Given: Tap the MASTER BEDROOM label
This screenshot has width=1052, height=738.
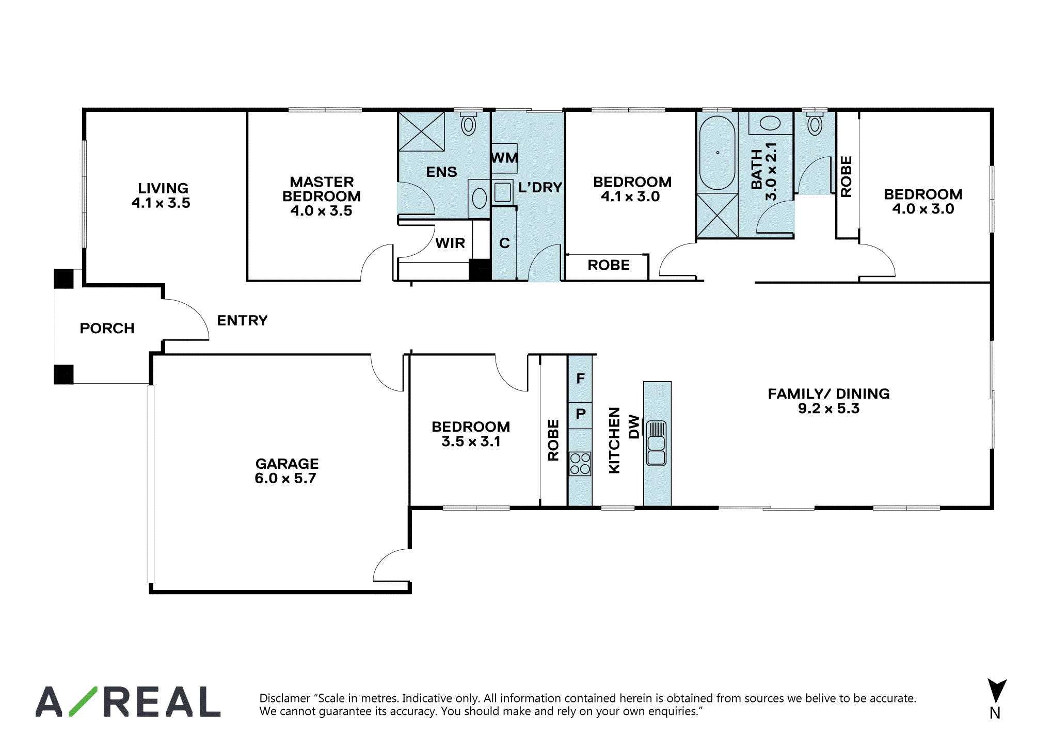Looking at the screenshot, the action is point(321,189).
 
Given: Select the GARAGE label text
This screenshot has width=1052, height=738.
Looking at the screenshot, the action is point(287,464).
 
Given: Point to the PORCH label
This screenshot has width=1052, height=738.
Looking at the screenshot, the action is point(107,329).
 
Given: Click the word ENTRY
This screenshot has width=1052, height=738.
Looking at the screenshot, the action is point(242,321).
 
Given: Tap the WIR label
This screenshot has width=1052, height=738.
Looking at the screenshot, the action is point(450,243).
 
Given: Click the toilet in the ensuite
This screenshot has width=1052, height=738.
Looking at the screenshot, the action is point(468,123).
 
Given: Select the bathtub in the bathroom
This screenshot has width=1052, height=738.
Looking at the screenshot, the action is point(717,153).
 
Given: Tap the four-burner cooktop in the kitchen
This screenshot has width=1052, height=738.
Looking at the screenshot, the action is point(580,464).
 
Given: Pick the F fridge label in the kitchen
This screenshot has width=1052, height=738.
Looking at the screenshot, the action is point(580,379).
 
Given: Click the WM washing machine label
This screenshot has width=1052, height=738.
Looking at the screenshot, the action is point(504,158).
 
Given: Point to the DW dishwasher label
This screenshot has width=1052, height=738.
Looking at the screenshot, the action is point(634,427).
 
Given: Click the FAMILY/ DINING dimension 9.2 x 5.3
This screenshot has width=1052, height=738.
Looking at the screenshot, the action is point(828,408).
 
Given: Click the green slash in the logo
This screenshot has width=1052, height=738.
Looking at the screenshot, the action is point(83,701).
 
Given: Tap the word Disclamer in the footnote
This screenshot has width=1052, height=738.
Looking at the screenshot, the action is point(285,698).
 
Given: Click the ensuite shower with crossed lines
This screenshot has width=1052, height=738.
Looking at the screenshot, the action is point(421,132).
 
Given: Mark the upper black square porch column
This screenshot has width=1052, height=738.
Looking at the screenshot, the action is point(64,279).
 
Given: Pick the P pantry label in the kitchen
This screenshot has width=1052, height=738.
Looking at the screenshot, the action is point(580,414).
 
